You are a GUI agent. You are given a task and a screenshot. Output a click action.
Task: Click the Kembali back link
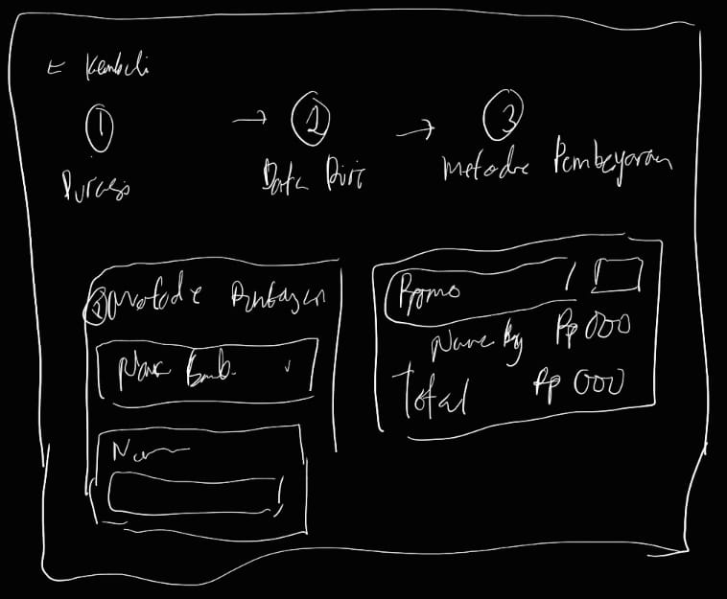pyautogui.click(x=108, y=69)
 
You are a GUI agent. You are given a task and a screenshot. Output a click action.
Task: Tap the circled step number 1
pyautogui.click(x=101, y=126)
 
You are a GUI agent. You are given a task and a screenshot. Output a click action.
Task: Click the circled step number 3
pyautogui.click(x=503, y=117)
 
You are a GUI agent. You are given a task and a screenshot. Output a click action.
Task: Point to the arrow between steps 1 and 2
pyautogui.click(x=247, y=121)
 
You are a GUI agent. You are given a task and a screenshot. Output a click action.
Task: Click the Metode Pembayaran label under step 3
pyautogui.click(x=556, y=165)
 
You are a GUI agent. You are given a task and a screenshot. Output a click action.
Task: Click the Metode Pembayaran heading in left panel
pyautogui.click(x=216, y=297)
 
